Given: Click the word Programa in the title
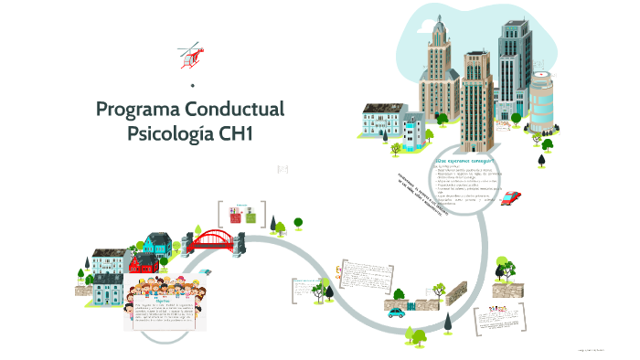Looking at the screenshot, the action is coord(137,109).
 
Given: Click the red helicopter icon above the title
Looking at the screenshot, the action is coord(190,55).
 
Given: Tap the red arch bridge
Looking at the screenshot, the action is coord(217,239).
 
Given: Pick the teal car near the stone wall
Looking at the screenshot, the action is coord(396,312).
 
